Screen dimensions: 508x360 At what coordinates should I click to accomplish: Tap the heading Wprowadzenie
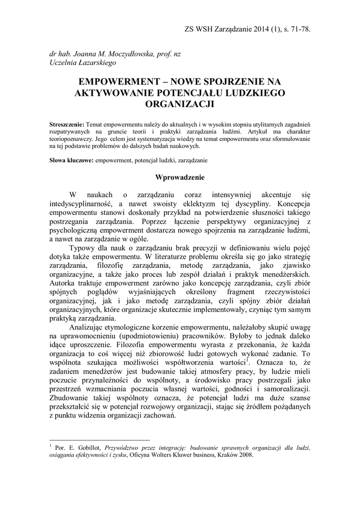pos(180,177)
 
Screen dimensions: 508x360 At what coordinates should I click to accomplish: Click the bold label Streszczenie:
pos(68,124)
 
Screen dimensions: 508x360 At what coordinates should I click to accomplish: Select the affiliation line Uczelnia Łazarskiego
pos(79,63)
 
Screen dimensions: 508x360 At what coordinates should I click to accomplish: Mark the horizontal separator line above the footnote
pos(99,440)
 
